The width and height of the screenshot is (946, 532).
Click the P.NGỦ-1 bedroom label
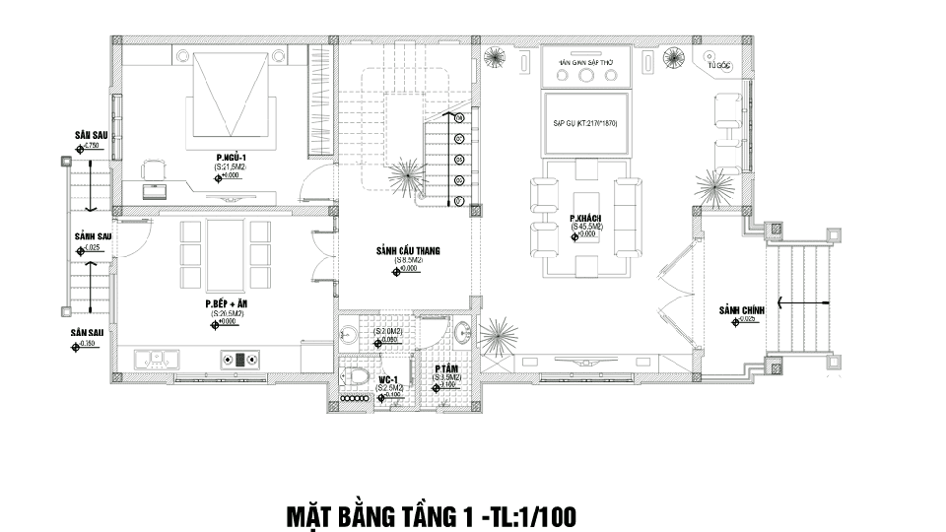pyautogui.click(x=231, y=158)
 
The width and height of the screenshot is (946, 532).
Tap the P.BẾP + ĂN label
pyautogui.click(x=227, y=304)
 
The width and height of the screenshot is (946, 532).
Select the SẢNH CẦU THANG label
pyautogui.click(x=407, y=251)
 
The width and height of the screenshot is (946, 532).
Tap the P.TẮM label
pyautogui.click(x=443, y=367)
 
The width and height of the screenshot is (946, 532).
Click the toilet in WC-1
pyautogui.click(x=357, y=375)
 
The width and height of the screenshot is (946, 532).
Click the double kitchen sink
pyautogui.click(x=159, y=358)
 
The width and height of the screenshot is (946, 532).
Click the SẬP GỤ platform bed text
pyautogui.click(x=584, y=124)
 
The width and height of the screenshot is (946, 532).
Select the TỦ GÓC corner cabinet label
pyautogui.click(x=722, y=65)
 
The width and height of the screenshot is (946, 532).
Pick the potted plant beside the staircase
pyautogui.click(x=404, y=177)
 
